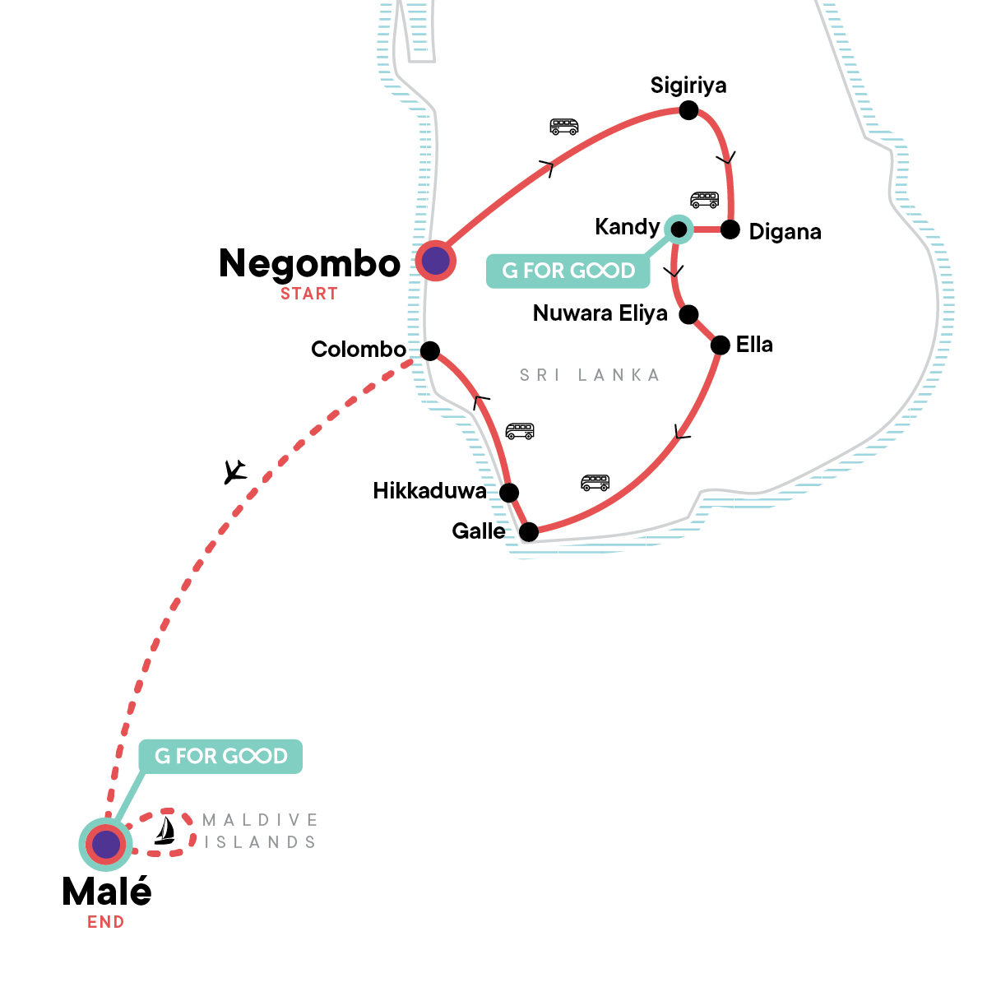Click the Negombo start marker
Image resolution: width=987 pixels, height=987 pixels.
pos(435,261)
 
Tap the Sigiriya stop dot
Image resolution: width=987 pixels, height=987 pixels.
pos(688,110)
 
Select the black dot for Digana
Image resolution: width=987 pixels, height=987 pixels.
pos(730,229)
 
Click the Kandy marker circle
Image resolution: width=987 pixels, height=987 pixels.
pos(679,229)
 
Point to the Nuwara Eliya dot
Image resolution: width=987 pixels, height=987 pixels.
pos(688,314)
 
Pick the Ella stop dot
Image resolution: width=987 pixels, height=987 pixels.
pos(720,345)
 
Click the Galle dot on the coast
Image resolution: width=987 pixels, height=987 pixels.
pos(529,532)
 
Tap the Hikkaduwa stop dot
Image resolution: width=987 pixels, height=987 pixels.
pos(509,493)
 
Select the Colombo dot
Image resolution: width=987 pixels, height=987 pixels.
pos(429,351)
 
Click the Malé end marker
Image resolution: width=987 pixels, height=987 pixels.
pos(105,844)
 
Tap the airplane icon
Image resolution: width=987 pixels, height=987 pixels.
pos(235,471)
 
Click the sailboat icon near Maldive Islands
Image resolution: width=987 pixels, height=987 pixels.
pos(165,831)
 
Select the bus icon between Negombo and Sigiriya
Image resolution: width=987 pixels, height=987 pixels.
pos(564,127)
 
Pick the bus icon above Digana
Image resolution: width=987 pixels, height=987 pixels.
pos(704,199)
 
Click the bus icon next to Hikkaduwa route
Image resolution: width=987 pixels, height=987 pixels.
pos(520,431)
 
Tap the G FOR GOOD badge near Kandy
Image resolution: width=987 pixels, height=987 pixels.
pos(568,271)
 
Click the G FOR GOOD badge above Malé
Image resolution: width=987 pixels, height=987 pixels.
pos(220,756)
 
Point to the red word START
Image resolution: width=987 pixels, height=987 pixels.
pos(308,294)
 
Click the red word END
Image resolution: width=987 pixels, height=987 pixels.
pos(105,922)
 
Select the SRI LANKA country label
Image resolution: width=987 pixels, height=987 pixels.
pos(590,375)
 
